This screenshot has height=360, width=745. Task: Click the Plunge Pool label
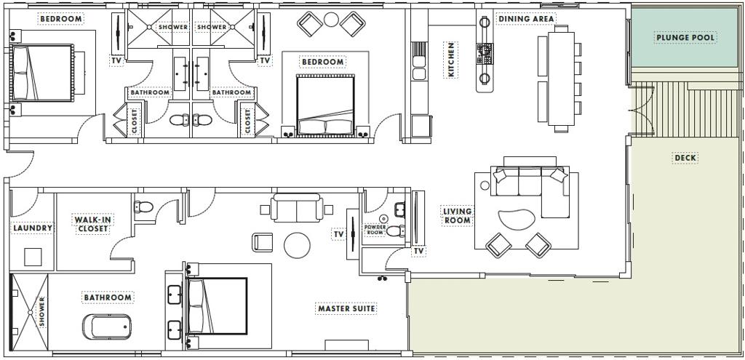685,38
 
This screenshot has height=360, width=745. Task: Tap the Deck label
685,158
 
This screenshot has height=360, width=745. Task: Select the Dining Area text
526,19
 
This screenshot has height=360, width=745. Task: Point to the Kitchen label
451,60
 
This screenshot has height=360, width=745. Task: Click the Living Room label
457,215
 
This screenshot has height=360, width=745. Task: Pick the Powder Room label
375,230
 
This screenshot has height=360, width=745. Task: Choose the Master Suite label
347,308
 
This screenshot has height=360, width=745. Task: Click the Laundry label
33,228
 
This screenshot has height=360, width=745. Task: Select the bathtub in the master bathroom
107,327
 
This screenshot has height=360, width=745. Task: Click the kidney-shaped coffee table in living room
517,220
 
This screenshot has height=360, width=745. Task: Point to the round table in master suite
297,245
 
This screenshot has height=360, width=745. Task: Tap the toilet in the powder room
395,231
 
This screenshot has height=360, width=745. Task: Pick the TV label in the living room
418,251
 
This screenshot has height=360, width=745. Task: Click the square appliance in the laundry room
33,257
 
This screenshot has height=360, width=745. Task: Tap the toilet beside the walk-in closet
144,207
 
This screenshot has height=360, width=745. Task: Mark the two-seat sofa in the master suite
297,208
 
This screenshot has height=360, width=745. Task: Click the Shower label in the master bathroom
41,312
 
